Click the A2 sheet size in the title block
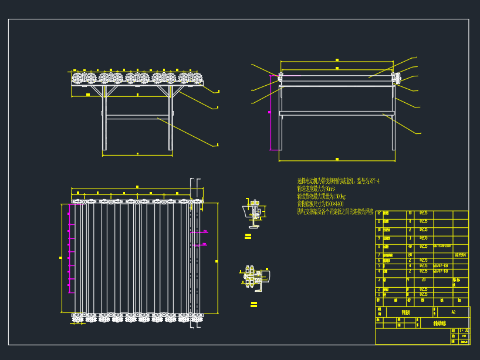pyautogui.click(x=453, y=312)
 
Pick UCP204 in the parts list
pyautogui.click(x=461, y=255)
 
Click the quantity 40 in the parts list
pyautogui.click(x=410, y=247)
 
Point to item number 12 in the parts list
pyautogui.click(x=378, y=214)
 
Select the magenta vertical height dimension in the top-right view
pyautogui.click(x=271, y=112)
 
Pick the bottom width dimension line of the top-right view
pyautogui.click(x=336, y=160)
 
